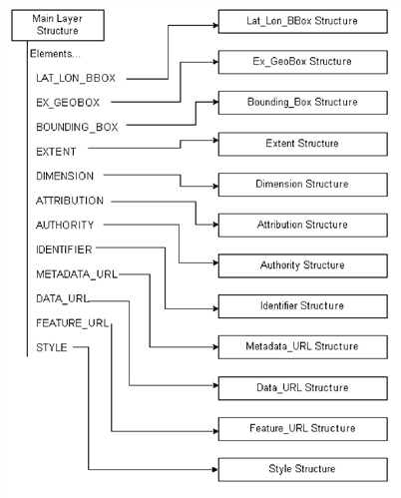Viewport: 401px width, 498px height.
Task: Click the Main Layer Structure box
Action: click(x=58, y=25)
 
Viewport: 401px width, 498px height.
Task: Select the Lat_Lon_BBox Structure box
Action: click(x=302, y=22)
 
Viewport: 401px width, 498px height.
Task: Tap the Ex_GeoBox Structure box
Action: click(x=302, y=62)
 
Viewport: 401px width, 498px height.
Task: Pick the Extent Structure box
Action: click(x=302, y=144)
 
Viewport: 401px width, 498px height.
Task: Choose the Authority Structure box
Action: click(x=302, y=265)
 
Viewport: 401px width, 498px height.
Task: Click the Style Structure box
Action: click(x=302, y=469)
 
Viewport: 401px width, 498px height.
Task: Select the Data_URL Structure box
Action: click(x=302, y=388)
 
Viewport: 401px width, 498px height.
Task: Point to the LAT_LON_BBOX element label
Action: click(x=76, y=79)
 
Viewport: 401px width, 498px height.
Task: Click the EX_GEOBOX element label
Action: click(x=68, y=103)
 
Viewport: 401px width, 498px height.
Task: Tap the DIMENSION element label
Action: click(x=65, y=176)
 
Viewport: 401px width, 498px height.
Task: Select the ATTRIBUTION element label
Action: click(x=70, y=201)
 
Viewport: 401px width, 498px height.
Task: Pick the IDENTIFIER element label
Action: click(x=64, y=249)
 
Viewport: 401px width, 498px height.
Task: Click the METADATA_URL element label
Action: click(x=77, y=274)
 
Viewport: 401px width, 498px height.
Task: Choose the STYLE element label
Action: click(x=52, y=347)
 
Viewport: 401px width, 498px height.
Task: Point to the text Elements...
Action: click(x=55, y=54)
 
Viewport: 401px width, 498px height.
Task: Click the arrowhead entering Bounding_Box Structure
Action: click(x=215, y=102)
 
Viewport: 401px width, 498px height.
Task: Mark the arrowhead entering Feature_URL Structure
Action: click(x=215, y=431)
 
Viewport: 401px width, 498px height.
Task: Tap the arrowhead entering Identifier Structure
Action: click(x=215, y=309)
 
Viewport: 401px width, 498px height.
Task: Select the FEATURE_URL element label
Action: click(x=73, y=323)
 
